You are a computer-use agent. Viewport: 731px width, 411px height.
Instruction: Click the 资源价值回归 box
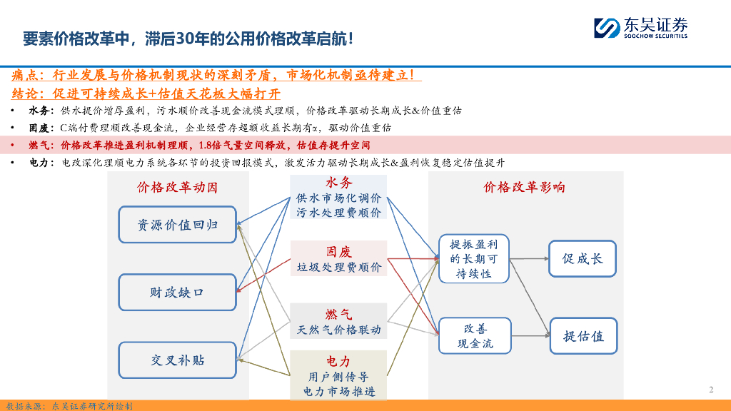[x=177, y=225]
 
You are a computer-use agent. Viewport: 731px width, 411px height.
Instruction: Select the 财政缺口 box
[x=177, y=293]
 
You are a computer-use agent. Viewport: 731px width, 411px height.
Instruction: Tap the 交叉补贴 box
[x=177, y=360]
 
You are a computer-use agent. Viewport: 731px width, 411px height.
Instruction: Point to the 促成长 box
[x=583, y=258]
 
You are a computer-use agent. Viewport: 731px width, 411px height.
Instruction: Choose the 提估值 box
[x=583, y=335]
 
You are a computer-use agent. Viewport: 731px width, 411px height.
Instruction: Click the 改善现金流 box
[x=475, y=336]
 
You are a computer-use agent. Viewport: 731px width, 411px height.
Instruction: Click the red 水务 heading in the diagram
[x=339, y=183]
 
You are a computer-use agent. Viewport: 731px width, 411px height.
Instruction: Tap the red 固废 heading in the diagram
[x=339, y=251]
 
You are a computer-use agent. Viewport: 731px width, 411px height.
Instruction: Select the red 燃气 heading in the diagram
[x=339, y=314]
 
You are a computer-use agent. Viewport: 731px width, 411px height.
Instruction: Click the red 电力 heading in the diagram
[x=339, y=361]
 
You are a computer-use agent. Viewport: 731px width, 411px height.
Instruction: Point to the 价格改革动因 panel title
[x=177, y=188]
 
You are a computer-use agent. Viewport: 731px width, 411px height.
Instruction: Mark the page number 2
[x=711, y=390]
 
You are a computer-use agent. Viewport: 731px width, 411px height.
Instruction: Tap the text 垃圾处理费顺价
[x=339, y=268]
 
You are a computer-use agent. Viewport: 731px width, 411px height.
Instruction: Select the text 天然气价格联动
[x=339, y=330]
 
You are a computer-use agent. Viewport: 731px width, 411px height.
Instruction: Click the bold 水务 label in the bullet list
[x=39, y=111]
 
